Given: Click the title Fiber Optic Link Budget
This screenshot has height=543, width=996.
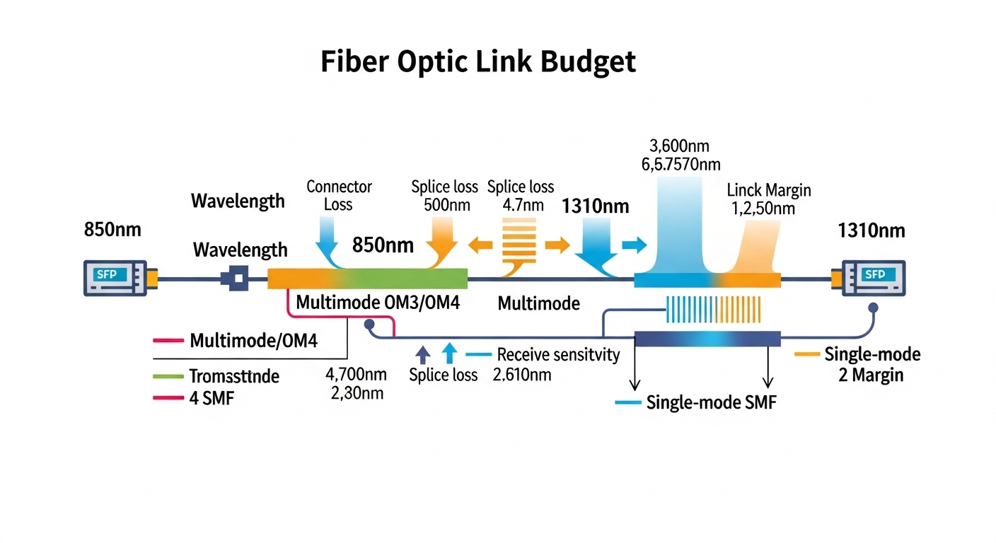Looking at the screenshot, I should click(478, 62).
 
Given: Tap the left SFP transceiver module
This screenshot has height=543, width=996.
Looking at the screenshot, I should click(115, 277).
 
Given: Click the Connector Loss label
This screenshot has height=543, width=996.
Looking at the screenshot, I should click(339, 196).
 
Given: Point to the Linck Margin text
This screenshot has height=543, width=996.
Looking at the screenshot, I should click(769, 190).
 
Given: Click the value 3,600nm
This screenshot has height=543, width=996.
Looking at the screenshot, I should click(678, 146).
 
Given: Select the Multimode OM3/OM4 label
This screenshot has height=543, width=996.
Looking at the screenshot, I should click(378, 303).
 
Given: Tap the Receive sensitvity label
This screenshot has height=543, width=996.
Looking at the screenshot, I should click(558, 354).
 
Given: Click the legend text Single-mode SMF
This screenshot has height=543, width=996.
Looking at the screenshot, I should click(711, 403).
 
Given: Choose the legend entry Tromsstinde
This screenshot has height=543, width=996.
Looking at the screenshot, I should click(233, 376).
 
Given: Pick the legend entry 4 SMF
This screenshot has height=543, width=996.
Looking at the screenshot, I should click(212, 398).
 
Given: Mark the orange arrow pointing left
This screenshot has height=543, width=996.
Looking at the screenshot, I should click(481, 245).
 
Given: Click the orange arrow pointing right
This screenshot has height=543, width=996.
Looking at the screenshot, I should click(557, 245).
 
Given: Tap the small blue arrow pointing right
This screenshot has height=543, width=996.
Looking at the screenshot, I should click(634, 245).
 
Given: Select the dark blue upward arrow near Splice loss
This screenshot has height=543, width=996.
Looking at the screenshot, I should click(422, 354).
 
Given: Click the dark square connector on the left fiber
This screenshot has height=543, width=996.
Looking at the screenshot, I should click(235, 278).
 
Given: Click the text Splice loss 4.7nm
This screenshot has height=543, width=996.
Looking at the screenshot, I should click(521, 197).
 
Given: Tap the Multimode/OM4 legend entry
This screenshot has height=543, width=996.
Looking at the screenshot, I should click(253, 341).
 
